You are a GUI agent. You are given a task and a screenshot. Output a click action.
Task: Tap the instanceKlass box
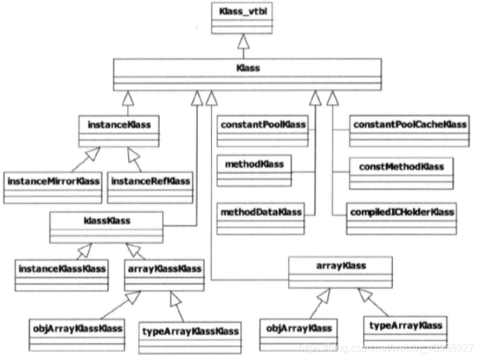(118, 130)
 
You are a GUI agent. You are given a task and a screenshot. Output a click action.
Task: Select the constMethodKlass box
(401, 173)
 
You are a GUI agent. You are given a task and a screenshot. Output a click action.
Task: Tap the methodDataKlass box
(261, 217)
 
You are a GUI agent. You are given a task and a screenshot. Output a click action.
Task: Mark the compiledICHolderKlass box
(402, 217)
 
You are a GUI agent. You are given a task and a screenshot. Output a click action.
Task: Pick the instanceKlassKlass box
(62, 273)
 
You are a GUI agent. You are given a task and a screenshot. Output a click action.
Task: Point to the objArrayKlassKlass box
(76, 333)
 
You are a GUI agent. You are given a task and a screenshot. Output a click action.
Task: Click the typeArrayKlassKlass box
(190, 335)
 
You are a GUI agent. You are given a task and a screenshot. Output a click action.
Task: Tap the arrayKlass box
(340, 271)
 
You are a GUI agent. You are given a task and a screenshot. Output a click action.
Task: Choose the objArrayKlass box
(298, 333)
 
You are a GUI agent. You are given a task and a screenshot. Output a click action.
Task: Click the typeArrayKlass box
(406, 331)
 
